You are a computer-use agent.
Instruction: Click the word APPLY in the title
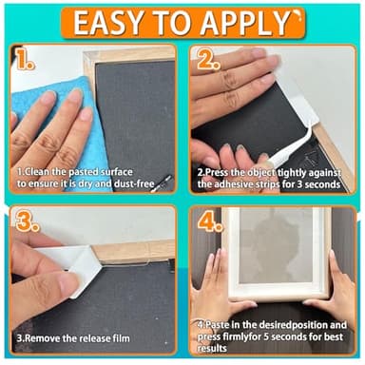pos(244,23)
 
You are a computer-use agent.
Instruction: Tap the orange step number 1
pos(25,59)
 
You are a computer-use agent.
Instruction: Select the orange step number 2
pos(208,60)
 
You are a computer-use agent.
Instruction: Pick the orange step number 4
pos(210,221)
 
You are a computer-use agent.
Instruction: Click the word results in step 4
pos(212,349)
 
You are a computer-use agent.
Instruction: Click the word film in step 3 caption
pos(122,338)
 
